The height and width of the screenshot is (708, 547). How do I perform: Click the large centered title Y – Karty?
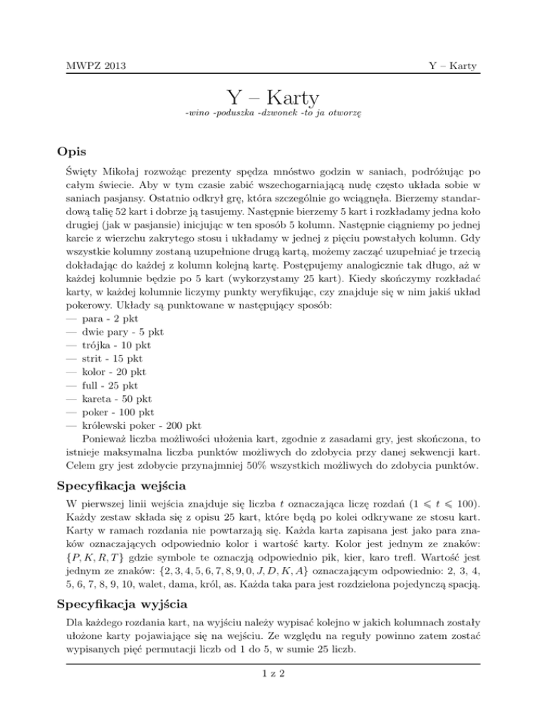tap(273, 97)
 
